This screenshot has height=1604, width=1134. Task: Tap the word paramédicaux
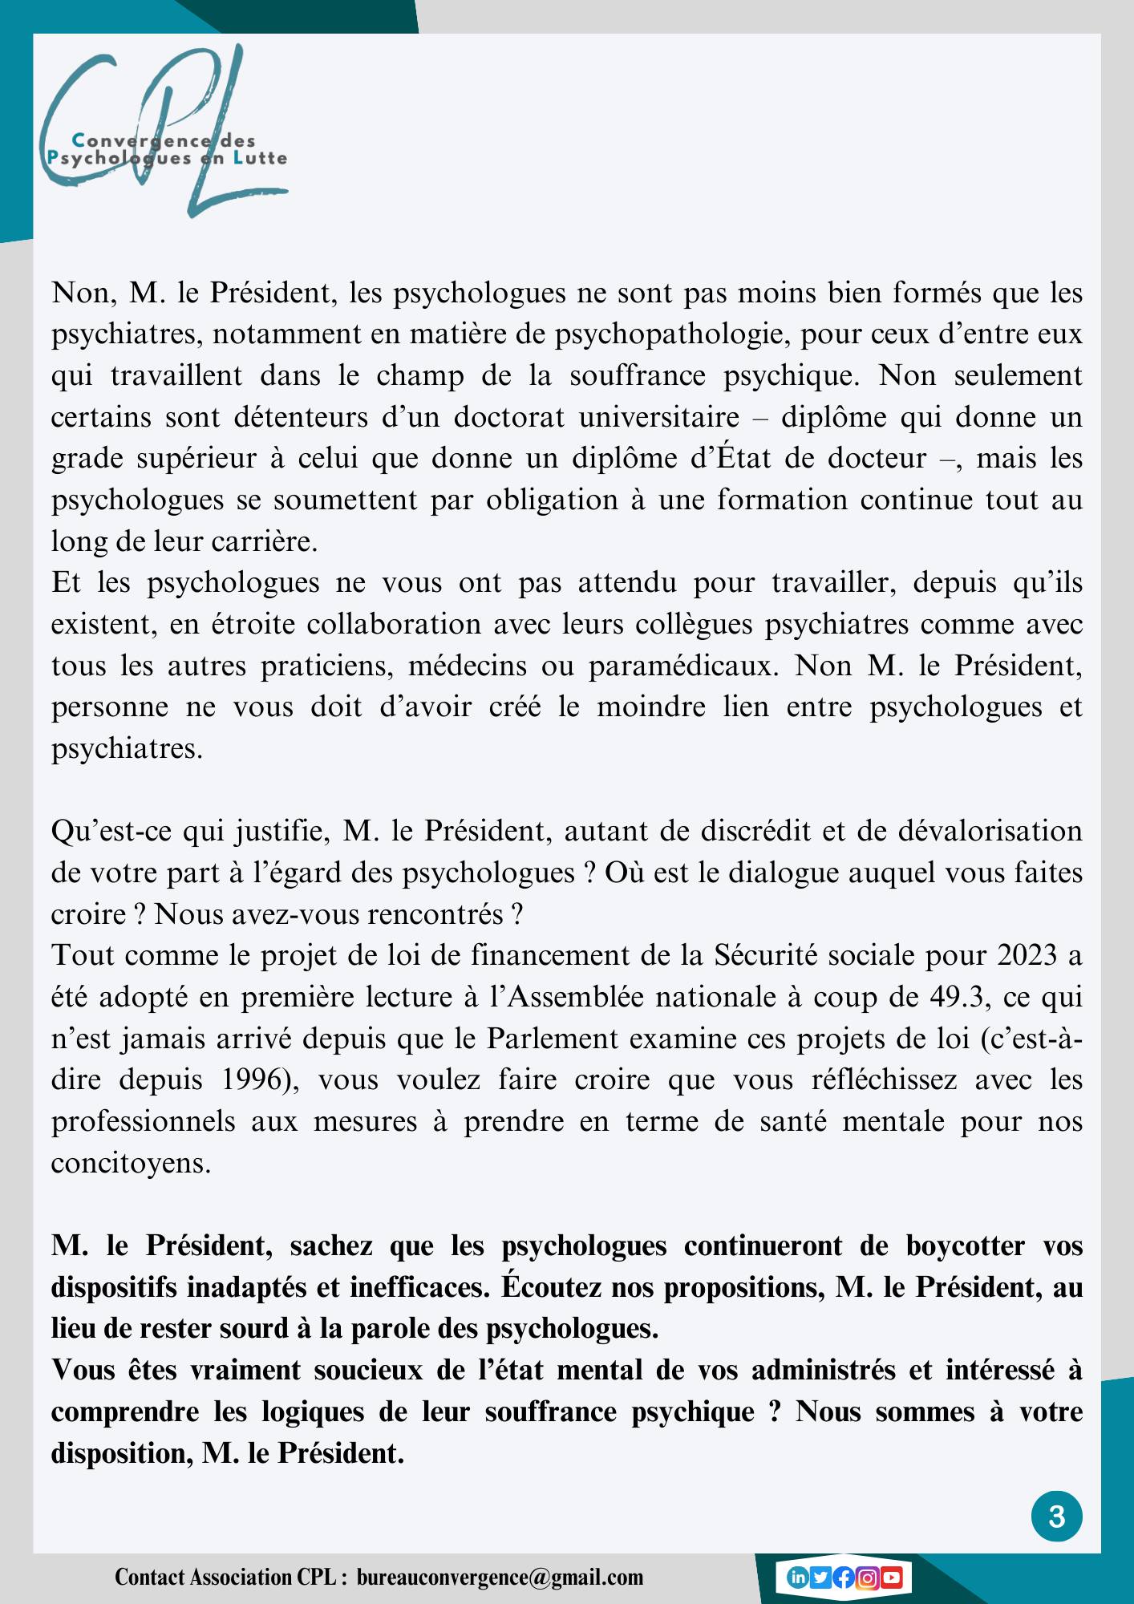tap(683, 666)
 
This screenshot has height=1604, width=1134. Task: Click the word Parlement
tap(553, 1039)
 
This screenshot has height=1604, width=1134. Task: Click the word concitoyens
tap(131, 1163)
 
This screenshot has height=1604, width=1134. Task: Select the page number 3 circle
tap(1056, 1517)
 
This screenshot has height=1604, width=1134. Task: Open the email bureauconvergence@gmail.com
tap(500, 1578)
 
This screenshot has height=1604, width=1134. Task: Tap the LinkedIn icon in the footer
tap(797, 1578)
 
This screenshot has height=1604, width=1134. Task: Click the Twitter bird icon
tap(820, 1578)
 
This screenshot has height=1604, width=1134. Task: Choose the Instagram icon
tap(867, 1578)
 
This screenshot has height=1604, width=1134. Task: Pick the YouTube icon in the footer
tap(891, 1578)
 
